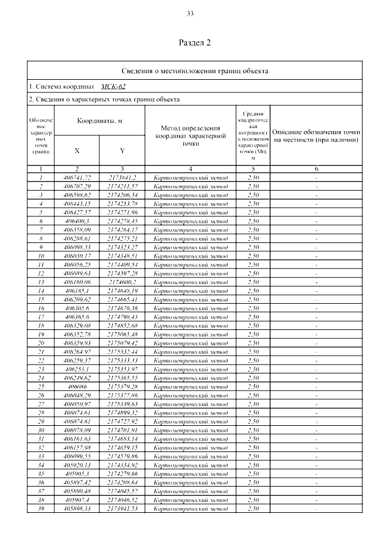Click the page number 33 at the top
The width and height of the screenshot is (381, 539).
[190, 14]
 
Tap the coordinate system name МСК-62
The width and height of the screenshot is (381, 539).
[113, 86]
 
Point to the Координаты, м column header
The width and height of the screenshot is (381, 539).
[99, 121]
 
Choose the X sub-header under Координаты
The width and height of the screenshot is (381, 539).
[77, 151]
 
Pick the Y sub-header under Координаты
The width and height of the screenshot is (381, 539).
[122, 151]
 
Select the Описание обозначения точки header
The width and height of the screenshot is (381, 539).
[316, 135]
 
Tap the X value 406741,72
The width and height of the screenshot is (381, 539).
[77, 177]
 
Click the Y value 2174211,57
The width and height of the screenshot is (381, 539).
[123, 186]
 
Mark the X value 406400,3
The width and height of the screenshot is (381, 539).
[77, 221]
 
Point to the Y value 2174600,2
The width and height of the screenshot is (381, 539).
[123, 282]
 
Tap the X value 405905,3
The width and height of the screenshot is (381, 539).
[77, 473]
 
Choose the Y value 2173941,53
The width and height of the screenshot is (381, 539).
[123, 508]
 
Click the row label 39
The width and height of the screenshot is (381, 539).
[41, 508]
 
